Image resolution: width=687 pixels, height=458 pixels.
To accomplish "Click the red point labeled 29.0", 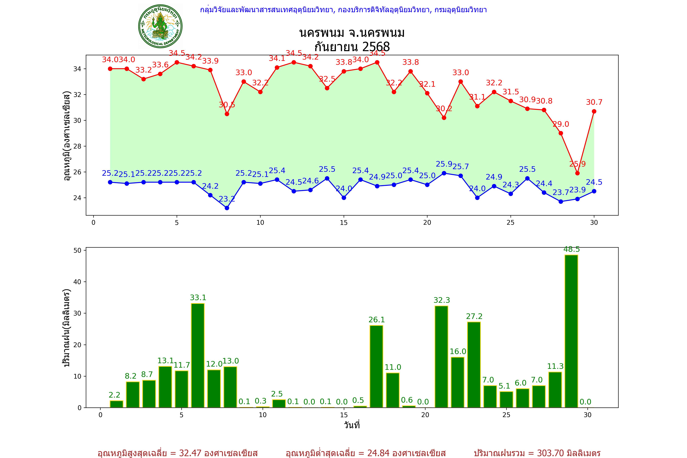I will point(561,133).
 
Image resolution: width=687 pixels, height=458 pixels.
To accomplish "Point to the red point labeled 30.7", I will point(594,111).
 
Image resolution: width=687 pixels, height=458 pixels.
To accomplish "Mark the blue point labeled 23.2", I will point(227,208).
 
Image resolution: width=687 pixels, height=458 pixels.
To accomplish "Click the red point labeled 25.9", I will point(577,173).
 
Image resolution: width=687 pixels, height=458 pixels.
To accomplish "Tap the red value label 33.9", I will point(210,61).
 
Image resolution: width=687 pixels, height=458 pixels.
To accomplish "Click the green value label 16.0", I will point(458,351).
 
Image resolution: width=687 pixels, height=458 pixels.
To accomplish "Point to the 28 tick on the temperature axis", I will point(77,146).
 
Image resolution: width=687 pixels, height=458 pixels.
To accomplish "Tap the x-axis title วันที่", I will point(352,425).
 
